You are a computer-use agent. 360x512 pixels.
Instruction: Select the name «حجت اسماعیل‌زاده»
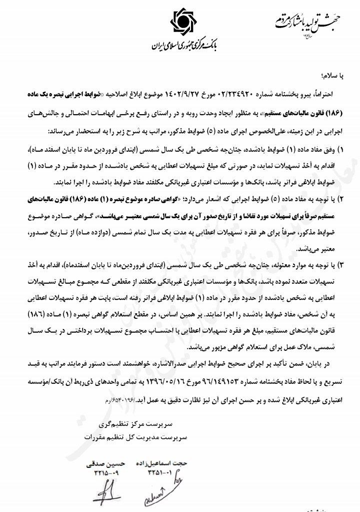(160, 463)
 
